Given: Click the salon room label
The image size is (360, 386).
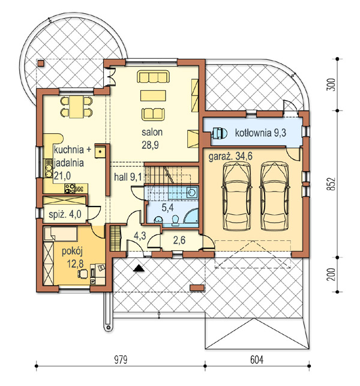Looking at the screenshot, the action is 152,132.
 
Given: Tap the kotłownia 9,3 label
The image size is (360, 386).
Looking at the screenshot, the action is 260,133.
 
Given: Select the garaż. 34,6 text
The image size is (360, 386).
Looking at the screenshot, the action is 230,156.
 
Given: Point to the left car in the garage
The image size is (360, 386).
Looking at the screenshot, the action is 237,196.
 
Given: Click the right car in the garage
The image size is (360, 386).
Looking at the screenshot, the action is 274,196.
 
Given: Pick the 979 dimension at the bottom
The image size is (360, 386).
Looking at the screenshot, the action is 121,360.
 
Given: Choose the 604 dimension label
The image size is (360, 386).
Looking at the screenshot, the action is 257,360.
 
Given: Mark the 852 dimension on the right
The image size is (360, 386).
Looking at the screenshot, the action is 332,184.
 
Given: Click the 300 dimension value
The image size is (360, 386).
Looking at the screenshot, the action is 332,85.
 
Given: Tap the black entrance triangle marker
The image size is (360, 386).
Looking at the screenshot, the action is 139,268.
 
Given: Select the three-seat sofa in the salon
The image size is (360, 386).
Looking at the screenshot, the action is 153,77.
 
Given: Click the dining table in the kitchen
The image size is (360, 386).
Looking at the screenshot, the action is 76,107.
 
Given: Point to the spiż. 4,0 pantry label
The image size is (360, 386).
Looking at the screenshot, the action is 65,214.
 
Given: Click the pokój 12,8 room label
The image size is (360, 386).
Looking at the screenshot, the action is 73,258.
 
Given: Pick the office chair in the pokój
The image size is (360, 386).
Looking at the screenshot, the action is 83,274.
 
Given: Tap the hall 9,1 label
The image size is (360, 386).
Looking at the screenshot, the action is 128,177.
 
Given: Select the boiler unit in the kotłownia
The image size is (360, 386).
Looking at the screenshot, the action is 218,133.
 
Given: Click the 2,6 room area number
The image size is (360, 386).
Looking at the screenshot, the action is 179,240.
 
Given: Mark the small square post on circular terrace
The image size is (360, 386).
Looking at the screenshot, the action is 41,64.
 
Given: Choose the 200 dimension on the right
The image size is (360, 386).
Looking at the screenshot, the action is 332,274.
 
